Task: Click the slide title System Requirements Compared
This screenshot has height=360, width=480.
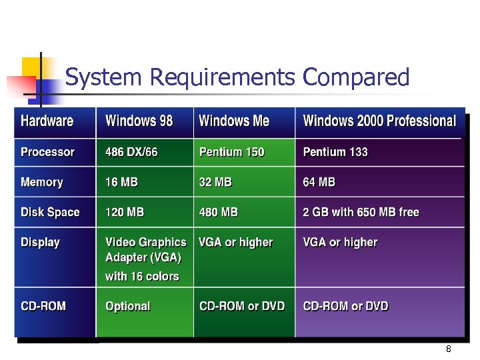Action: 237,78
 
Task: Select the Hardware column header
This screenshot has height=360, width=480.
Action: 47,121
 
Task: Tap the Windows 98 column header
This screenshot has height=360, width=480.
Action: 139,121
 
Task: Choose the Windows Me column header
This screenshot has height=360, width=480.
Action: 234,121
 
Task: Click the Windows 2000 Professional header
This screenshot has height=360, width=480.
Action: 379,121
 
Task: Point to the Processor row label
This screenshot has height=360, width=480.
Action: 47,152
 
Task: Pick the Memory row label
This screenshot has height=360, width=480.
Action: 41,182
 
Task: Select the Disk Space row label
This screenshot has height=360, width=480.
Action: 50,212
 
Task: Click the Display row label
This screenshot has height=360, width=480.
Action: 40,242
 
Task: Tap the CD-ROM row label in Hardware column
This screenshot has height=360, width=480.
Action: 43,306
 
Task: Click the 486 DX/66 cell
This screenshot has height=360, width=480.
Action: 131,152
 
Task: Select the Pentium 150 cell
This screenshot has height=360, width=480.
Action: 231,152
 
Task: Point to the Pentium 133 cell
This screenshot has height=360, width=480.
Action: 335,152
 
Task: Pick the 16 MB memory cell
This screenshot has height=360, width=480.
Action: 121,182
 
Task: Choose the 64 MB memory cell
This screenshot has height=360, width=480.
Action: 319,182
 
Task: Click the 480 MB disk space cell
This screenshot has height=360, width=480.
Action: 218,212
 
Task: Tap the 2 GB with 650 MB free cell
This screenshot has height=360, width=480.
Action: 361,212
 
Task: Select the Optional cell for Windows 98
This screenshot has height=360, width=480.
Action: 127,306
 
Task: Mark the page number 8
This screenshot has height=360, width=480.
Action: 449,349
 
